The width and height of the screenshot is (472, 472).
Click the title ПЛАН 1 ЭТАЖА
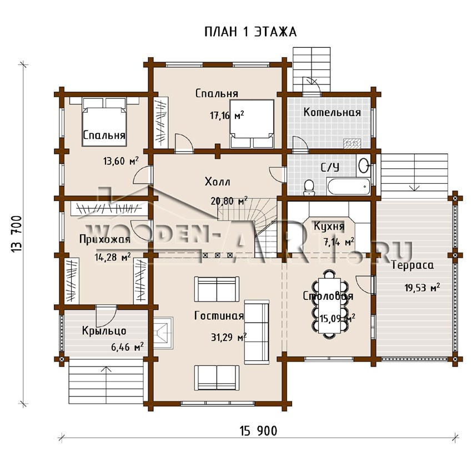coord(250,32)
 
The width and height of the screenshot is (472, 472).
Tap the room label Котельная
coord(332,112)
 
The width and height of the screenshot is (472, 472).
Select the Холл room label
coord(217,182)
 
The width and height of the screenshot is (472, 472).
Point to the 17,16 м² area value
coord(227,115)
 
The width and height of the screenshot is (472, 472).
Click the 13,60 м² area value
coord(121,161)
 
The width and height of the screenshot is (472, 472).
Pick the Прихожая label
coord(105,240)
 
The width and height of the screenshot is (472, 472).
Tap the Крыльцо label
coord(104,331)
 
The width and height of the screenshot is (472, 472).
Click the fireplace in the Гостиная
coord(163,332)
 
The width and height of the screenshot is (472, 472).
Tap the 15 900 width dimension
coord(259,431)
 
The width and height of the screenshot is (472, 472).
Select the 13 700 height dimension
coord(16,234)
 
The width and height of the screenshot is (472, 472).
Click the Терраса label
coord(413,265)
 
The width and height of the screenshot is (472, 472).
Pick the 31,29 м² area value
coord(229,337)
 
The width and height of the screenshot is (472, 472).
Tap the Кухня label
coord(329,226)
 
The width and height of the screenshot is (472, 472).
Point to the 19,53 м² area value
coord(422,288)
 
